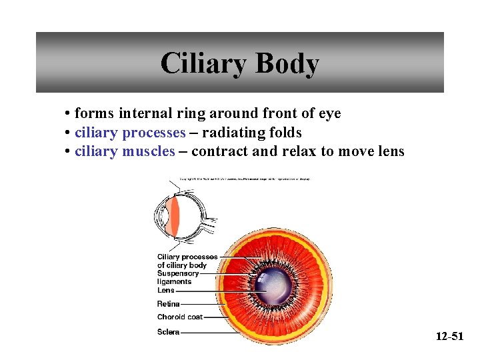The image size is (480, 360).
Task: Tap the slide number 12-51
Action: (449, 336)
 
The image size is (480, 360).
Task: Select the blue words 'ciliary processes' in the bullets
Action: (130, 132)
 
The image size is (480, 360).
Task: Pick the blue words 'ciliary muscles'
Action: (125, 151)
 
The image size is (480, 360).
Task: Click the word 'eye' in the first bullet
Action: (329, 113)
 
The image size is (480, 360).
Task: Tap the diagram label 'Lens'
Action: (166, 290)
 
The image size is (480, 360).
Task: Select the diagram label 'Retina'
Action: (169, 304)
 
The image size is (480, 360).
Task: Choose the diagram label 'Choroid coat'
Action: (180, 317)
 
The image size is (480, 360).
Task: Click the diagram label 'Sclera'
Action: (169, 331)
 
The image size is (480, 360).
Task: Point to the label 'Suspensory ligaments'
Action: (178, 277)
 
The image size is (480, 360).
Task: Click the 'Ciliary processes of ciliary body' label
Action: (187, 261)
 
